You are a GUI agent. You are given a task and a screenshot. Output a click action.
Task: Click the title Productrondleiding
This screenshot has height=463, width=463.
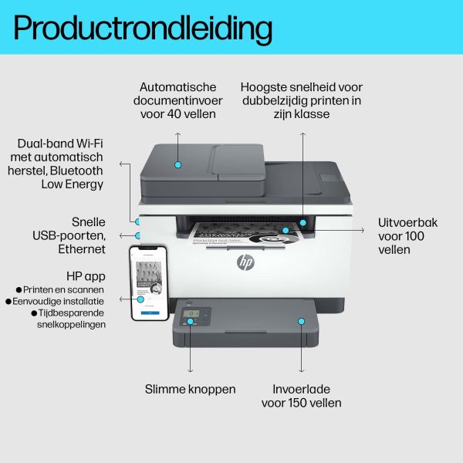coord(143,29)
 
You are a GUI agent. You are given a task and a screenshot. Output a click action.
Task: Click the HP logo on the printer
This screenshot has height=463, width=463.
coord(245,262)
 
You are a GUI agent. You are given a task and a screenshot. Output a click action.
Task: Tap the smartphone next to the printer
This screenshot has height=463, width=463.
coord(149,283)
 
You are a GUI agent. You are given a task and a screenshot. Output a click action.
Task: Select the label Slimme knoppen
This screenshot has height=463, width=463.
coord(190,389)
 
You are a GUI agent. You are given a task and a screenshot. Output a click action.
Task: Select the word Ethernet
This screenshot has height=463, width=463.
coord(81,248)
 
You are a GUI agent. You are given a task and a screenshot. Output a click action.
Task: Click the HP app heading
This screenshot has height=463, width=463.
coord(86,276)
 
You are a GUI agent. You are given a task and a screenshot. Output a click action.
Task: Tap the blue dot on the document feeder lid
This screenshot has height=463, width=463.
coord(177,164)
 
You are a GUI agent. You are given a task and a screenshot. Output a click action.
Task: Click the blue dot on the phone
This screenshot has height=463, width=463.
coord(141,298)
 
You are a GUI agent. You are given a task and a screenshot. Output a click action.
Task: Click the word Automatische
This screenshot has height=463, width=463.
coord(178,87)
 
